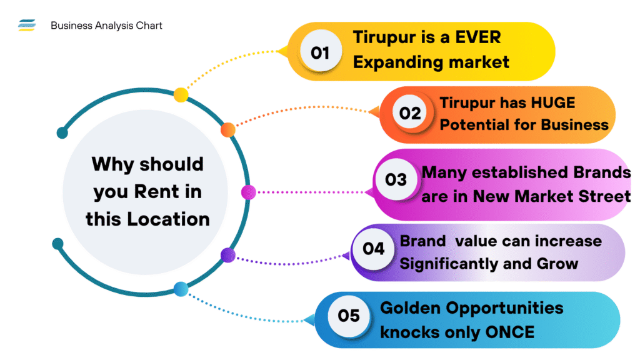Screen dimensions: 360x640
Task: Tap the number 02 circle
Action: (x=411, y=113)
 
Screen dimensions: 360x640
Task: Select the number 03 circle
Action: (x=396, y=180)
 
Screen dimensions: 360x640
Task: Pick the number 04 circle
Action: (x=374, y=248)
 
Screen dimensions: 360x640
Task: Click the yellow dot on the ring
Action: (x=181, y=95)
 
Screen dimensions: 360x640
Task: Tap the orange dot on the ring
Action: (x=228, y=129)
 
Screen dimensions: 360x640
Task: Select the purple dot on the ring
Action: (x=228, y=255)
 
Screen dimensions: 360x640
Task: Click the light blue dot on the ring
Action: (x=181, y=289)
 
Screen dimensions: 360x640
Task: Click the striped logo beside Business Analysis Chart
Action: (x=27, y=26)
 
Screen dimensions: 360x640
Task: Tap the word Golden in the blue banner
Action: (x=413, y=307)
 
